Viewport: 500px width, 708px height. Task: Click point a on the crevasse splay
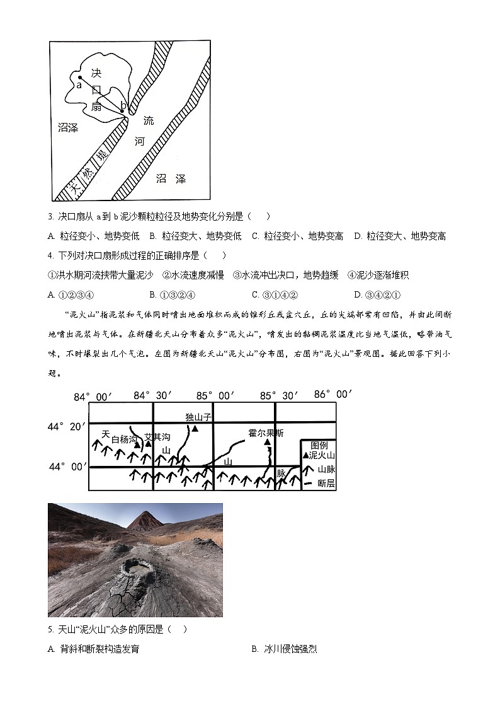pyautogui.click(x=80, y=78)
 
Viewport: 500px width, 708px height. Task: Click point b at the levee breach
pyautogui.click(x=122, y=110)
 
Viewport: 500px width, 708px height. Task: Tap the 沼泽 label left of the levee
pyautogui.click(x=67, y=128)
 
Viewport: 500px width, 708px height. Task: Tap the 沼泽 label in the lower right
pyautogui.click(x=171, y=179)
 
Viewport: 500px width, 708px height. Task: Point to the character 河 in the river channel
pyautogui.click(x=140, y=142)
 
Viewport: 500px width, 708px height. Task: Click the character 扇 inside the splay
pyautogui.click(x=96, y=107)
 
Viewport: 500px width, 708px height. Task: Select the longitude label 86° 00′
pyautogui.click(x=332, y=395)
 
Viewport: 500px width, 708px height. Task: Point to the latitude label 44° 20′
pyautogui.click(x=66, y=427)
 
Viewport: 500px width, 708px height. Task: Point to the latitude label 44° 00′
pyautogui.click(x=66, y=467)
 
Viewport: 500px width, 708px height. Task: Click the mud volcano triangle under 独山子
pyautogui.click(x=195, y=428)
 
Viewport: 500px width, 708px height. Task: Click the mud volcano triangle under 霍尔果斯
pyautogui.click(x=267, y=443)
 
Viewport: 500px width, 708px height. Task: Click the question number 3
pyautogui.click(x=50, y=216)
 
